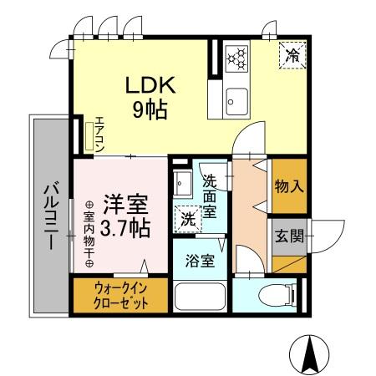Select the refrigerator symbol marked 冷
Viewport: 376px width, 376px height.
(x=292, y=56)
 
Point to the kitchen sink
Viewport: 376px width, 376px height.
(x=235, y=99)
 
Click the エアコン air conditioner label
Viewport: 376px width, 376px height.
(x=99, y=132)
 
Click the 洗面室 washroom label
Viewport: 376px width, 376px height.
(x=210, y=194)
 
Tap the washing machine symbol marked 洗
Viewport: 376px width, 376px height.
(x=188, y=219)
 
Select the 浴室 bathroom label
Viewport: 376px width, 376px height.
(x=200, y=259)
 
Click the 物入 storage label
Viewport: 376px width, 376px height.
(x=288, y=185)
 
